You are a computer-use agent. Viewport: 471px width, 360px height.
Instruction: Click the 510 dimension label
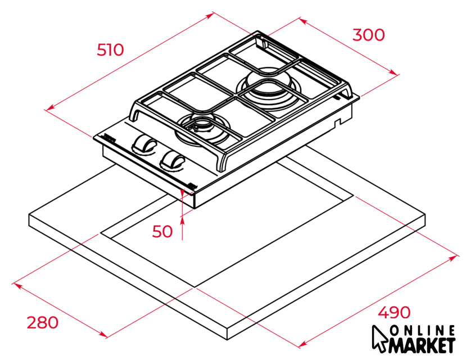click(110, 50)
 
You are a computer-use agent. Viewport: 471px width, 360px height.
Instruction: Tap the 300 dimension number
click(368, 35)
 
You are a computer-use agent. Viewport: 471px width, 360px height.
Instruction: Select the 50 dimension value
click(163, 231)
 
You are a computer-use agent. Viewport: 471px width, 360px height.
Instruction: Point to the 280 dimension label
click(43, 322)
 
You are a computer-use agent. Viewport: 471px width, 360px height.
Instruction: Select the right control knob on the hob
click(171, 160)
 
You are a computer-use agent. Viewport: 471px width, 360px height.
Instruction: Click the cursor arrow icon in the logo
click(379, 338)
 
